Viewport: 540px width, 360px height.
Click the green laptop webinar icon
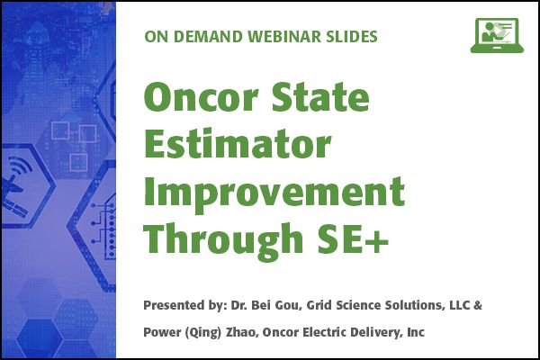[x=497, y=35]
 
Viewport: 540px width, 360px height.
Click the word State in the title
[x=320, y=96]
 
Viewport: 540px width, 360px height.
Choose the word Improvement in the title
[x=274, y=192]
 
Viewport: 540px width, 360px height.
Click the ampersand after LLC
[x=478, y=305]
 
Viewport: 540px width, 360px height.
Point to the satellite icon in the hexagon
[x=16, y=186]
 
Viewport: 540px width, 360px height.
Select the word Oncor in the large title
[x=201, y=96]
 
